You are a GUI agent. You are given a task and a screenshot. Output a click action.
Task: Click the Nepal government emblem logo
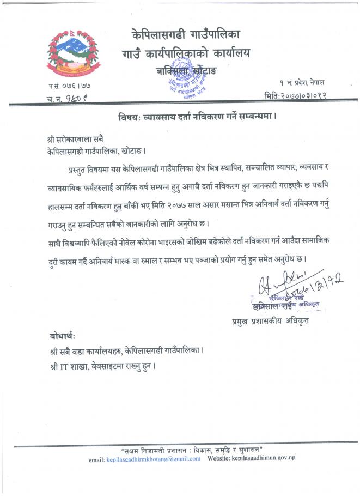(x=66, y=55)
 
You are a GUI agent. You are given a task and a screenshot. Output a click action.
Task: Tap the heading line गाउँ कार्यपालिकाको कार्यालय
(x=186, y=54)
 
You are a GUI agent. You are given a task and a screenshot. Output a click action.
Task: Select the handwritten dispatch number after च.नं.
(x=76, y=98)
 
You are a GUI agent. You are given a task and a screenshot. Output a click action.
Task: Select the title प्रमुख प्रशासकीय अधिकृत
(x=270, y=321)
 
